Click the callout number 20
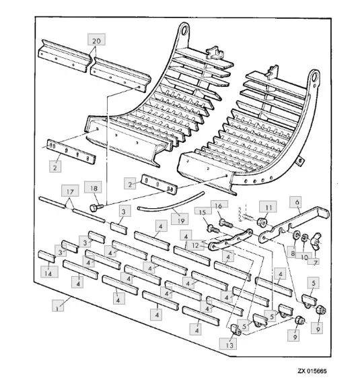[97, 40]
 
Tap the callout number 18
[94, 188]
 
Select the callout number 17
[70, 192]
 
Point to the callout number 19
[180, 220]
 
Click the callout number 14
[48, 274]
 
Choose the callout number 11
[268, 208]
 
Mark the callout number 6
[297, 202]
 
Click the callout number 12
[195, 245]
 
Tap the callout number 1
[57, 309]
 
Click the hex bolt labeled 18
[97, 208]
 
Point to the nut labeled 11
[262, 222]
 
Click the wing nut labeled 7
[316, 240]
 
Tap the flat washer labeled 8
[296, 235]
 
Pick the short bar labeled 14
[46, 257]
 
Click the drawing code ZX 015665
[312, 371]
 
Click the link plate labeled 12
[230, 239]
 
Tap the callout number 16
[218, 206]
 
